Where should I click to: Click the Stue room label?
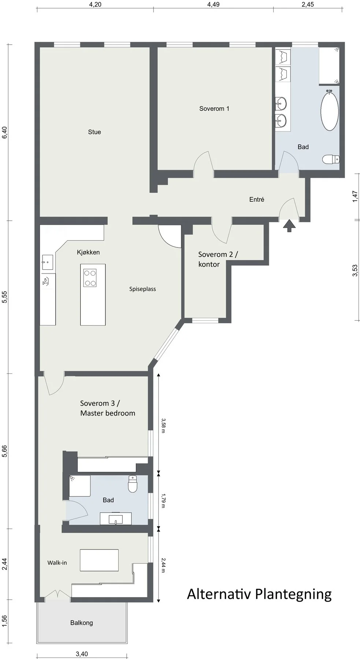coord(94,132)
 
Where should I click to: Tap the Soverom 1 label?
coord(214,108)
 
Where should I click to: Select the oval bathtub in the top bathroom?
coord(329,111)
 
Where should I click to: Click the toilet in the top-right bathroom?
coord(331,159)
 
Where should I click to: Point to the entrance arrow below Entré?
coord(289,226)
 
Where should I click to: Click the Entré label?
coord(256,200)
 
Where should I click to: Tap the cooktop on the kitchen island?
coord(90,278)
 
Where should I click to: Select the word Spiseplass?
coord(142,289)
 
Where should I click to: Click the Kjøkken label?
coord(88,252)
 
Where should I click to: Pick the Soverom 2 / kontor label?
coord(218,259)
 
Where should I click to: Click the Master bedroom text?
coord(108,413)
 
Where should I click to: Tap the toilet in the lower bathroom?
coord(133,484)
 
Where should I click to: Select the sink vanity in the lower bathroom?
coord(116,518)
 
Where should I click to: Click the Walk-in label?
coord(57,563)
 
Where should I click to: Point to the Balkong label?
coord(82,623)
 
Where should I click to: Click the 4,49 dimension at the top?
coord(213,4)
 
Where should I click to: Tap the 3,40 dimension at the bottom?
coord(82,654)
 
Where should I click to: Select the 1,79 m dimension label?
coord(163,500)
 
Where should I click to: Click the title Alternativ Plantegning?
coord(259,594)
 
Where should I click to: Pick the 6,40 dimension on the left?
coord(4,132)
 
